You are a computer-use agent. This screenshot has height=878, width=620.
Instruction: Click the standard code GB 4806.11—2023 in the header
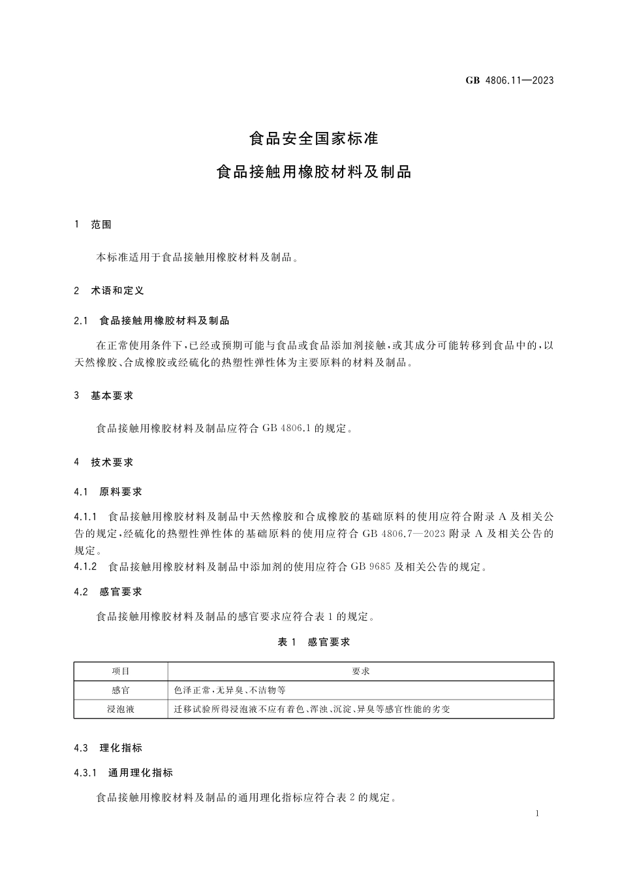click(510, 80)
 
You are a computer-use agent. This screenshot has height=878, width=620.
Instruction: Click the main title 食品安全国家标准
click(314, 138)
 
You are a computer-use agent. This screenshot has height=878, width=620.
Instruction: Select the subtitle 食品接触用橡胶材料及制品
click(314, 172)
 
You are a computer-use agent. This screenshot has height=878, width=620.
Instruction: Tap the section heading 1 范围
click(93, 225)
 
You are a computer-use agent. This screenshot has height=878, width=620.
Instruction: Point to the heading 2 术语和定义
click(109, 291)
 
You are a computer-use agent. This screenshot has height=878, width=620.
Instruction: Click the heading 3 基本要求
click(104, 396)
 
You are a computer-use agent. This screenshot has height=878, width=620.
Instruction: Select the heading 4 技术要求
click(104, 463)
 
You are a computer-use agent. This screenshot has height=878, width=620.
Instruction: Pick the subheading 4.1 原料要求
click(108, 492)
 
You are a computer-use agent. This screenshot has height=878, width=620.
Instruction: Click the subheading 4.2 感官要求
click(108, 592)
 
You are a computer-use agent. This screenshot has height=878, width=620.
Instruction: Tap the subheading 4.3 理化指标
click(108, 748)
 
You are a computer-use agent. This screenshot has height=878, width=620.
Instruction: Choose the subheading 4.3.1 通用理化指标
click(124, 773)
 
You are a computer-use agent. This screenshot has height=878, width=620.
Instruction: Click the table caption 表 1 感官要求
click(314, 642)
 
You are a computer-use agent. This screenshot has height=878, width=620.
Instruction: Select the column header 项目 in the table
click(121, 672)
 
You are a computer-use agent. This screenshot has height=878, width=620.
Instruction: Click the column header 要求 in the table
click(361, 672)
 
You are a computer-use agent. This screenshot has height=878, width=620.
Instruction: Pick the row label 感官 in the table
click(121, 690)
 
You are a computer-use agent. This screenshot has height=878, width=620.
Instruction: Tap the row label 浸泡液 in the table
click(121, 709)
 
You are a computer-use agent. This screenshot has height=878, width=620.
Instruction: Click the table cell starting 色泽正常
click(230, 690)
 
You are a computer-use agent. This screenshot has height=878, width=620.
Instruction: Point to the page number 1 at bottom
click(536, 814)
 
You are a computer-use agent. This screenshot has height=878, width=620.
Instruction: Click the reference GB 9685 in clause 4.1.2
click(370, 567)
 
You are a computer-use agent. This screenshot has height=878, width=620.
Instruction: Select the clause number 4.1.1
click(85, 517)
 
